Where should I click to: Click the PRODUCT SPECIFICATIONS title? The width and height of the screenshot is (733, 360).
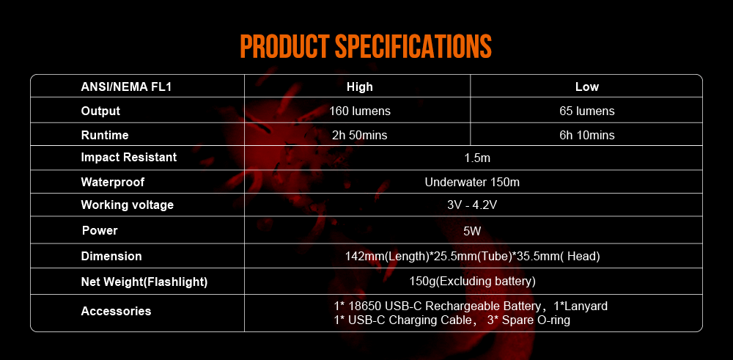[365, 45]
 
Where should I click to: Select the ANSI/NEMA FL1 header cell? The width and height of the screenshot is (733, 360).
[121, 87]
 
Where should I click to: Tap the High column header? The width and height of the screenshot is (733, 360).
[359, 87]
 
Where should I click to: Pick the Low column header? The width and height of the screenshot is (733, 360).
[586, 87]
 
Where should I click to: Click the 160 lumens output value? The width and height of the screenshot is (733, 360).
[359, 111]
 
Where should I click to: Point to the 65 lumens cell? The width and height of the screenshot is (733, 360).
[586, 111]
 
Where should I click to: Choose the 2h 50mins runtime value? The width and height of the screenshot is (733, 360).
[359, 135]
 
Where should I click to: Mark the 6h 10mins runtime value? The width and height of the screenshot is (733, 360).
[586, 135]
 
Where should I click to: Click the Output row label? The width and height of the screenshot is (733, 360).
[100, 111]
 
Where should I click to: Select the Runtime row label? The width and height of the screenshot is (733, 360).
[105, 135]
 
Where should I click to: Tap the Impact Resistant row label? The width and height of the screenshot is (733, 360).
[129, 157]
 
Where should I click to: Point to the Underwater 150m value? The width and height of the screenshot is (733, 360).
[472, 182]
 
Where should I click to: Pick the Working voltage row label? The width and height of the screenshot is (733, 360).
[128, 205]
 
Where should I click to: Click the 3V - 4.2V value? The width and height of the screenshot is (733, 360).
[472, 205]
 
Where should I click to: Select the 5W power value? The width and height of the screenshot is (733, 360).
[472, 231]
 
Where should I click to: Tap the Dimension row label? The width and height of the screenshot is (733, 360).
[111, 256]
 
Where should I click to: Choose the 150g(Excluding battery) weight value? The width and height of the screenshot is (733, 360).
[472, 281]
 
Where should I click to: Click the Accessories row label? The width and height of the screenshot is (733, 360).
[116, 311]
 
